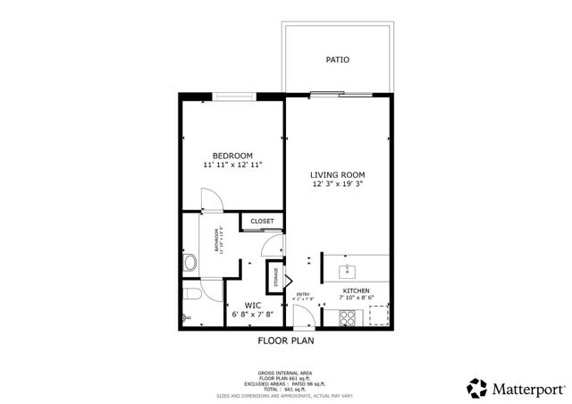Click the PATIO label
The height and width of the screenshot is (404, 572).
[338, 61]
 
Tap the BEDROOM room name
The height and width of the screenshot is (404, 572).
[232, 156]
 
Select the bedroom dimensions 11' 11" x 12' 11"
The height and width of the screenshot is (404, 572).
[232, 165]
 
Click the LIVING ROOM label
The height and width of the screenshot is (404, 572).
[338, 174]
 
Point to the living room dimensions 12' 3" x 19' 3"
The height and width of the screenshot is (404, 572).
[338, 184]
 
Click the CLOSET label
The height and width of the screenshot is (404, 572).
[262, 221]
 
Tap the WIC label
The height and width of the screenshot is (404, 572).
[252, 305]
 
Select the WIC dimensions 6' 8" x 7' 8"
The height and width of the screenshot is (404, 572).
[252, 315]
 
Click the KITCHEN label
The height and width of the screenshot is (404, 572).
[357, 291]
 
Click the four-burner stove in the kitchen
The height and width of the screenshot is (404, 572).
[347, 316]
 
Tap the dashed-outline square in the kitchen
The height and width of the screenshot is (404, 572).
[379, 316]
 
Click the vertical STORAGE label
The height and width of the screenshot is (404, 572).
[277, 276]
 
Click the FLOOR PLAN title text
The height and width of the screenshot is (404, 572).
[286, 341]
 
